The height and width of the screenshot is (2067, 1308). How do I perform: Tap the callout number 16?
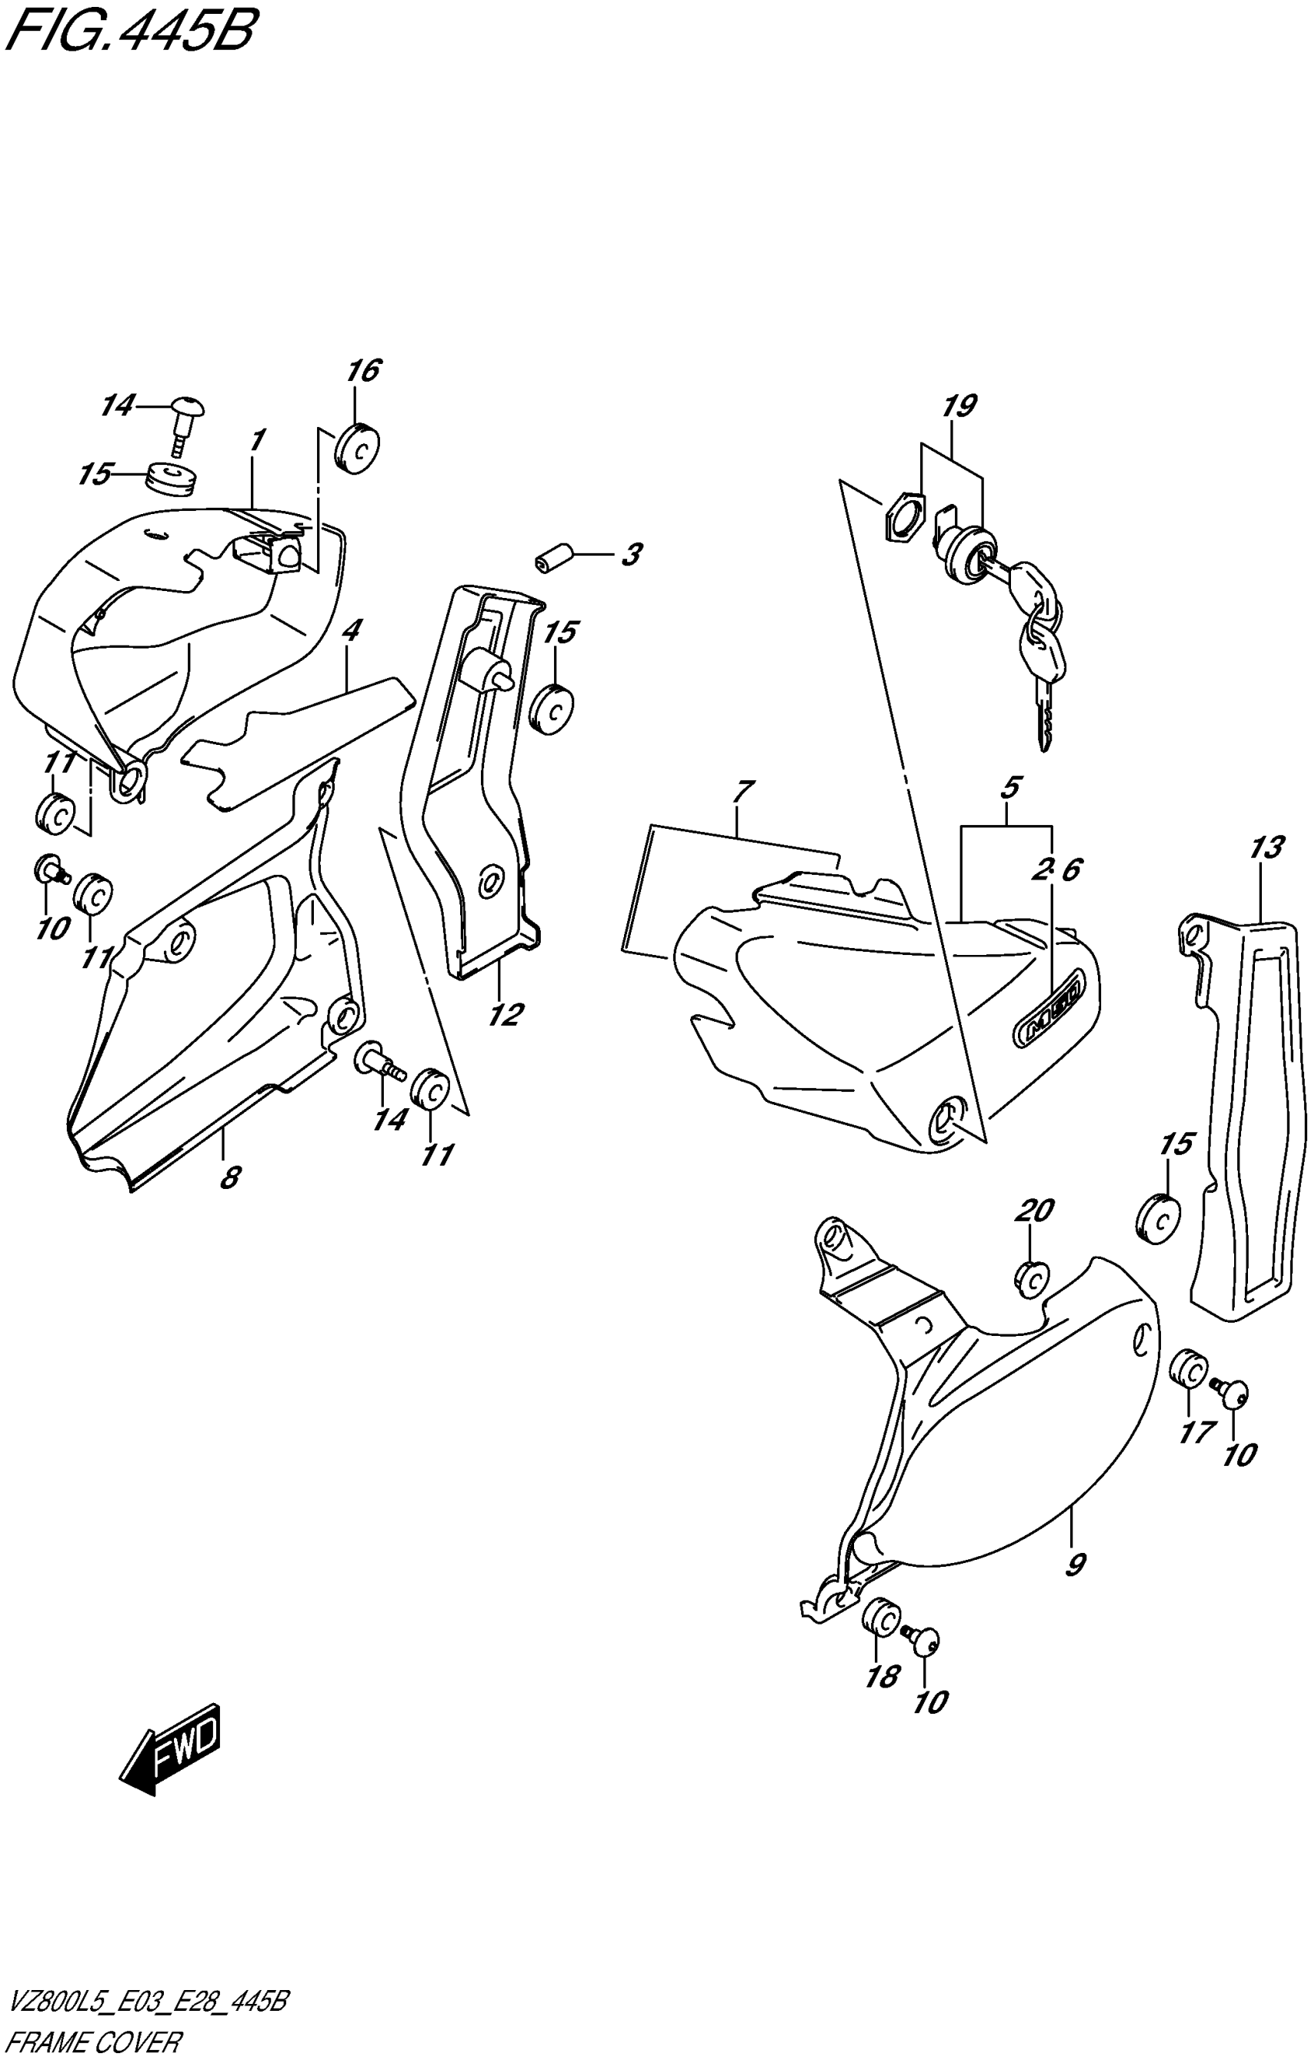click(x=363, y=371)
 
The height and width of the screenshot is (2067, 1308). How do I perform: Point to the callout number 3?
click(x=632, y=555)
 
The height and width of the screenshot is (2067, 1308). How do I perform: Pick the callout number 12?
click(x=506, y=1016)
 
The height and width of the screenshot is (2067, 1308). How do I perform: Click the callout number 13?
click(x=1266, y=848)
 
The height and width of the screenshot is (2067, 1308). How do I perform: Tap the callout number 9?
click(x=1075, y=1564)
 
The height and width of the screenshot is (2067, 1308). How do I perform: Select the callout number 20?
click(x=1034, y=1211)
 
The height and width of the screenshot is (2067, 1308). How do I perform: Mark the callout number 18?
click(x=883, y=1676)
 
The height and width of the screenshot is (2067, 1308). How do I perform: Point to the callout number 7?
click(x=743, y=790)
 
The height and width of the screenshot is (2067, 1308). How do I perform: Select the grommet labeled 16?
click(x=356, y=447)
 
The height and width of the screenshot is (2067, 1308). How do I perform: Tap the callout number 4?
click(x=350, y=631)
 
